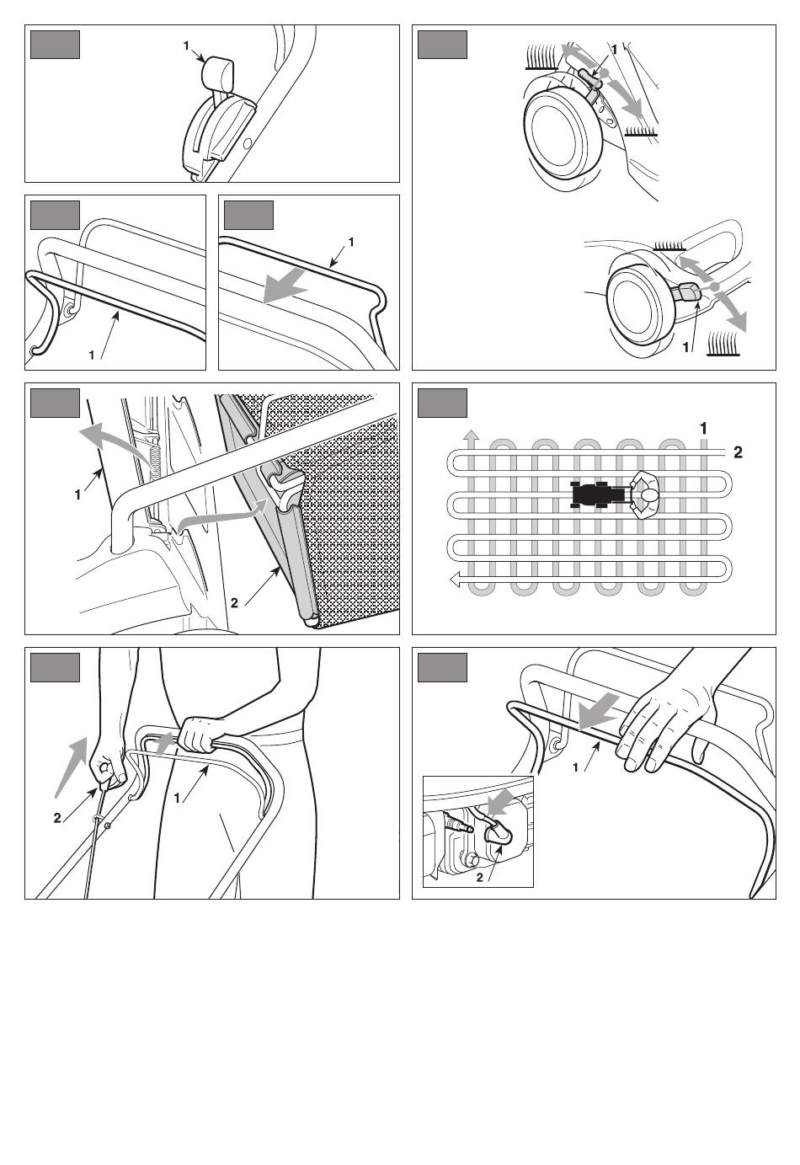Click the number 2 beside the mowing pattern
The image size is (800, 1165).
739,452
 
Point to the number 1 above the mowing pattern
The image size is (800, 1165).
704,429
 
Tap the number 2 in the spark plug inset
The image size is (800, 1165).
479,878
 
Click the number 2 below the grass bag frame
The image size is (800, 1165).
235,602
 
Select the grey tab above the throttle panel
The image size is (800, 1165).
55,45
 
